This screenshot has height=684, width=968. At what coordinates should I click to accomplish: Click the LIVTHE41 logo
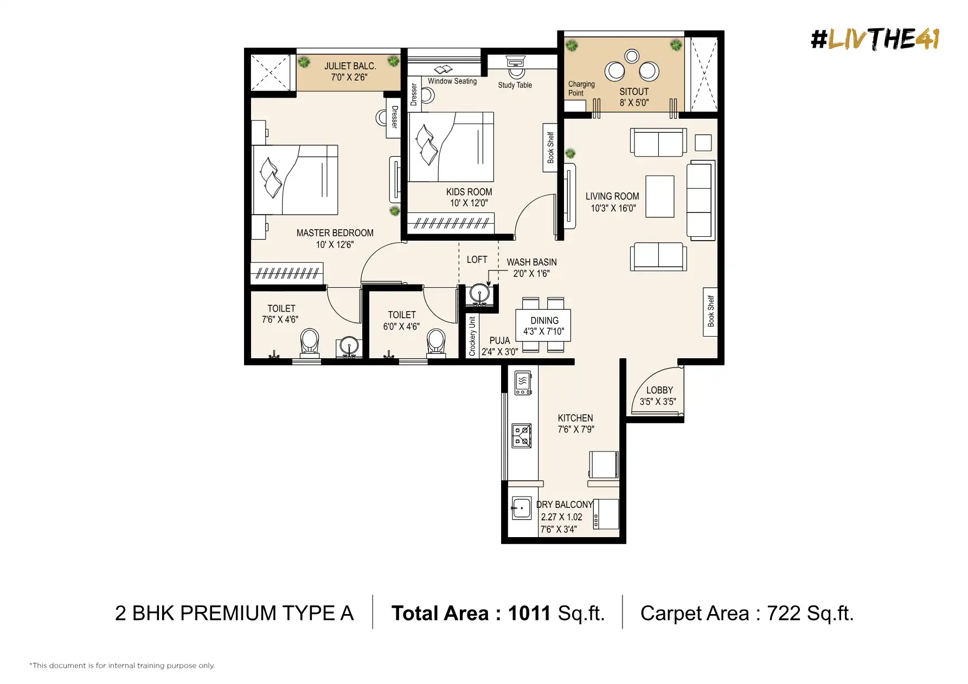coord(875,39)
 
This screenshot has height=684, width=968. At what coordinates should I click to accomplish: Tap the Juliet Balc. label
coord(350,66)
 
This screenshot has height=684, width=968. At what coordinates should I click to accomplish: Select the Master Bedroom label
coord(335,233)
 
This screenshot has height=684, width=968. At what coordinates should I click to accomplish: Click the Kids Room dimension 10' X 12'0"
coord(469,203)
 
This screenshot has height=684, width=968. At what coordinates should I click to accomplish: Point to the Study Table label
coord(515,85)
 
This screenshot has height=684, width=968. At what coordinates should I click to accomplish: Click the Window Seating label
coord(452,81)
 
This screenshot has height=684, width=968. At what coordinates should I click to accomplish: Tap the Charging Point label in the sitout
coord(581,89)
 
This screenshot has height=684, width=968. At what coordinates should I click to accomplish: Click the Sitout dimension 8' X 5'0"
coord(634,103)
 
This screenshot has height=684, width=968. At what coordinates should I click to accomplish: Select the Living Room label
coord(612,197)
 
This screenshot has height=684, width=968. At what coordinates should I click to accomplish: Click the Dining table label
coord(544,321)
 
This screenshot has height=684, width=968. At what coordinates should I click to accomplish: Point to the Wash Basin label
coord(531,262)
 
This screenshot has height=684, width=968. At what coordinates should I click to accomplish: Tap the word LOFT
coord(477,260)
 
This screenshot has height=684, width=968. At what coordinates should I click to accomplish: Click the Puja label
coord(499,341)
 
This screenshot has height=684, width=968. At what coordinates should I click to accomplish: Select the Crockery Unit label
coord(472,336)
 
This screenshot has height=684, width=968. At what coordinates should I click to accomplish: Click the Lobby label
coord(659,390)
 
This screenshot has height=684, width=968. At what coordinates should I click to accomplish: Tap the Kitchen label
coord(575,418)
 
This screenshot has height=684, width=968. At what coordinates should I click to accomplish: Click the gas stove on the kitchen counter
coord(522,436)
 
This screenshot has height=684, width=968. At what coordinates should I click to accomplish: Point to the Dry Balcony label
coord(565,505)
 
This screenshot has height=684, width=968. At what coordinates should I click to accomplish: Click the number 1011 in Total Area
coord(529,614)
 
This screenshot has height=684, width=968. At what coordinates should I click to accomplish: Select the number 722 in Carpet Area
coord(784,614)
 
